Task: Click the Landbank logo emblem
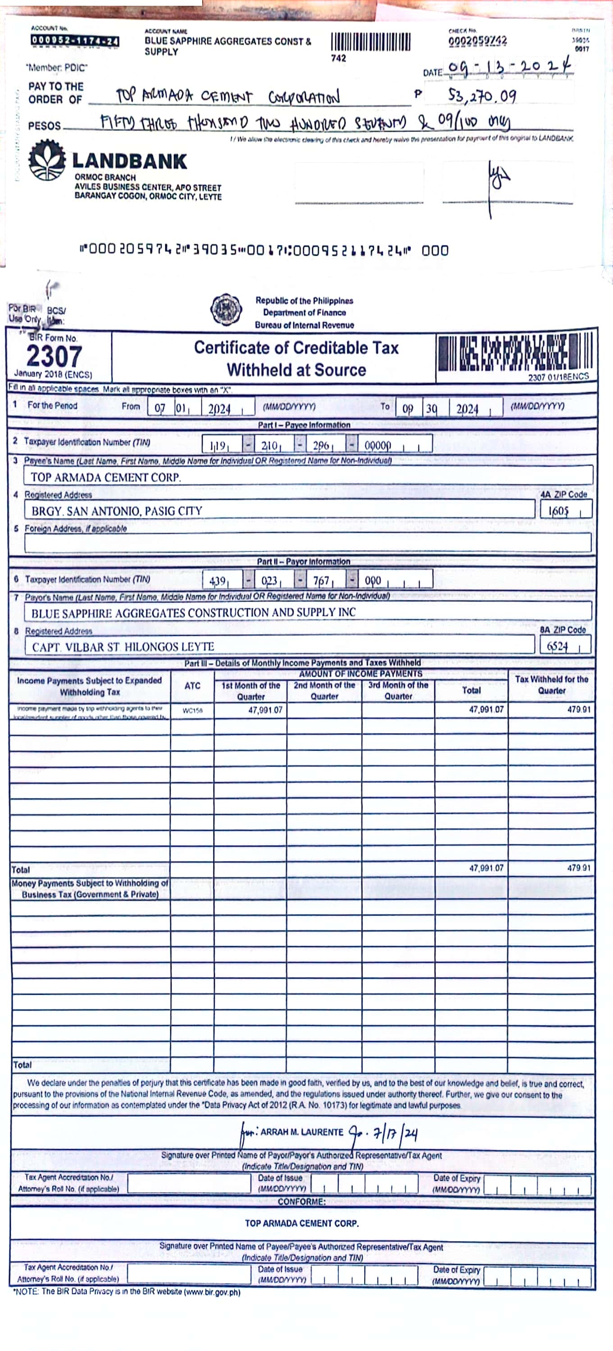47,160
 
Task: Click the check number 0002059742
477,41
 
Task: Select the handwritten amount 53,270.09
482,95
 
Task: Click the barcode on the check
370,42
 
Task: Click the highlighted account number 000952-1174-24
74,41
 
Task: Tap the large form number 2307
54,357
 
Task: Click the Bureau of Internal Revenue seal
226,309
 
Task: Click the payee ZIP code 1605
559,510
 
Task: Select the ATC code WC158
192,711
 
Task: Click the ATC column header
192,685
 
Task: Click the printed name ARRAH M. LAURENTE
301,1132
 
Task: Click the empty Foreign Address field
307,542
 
